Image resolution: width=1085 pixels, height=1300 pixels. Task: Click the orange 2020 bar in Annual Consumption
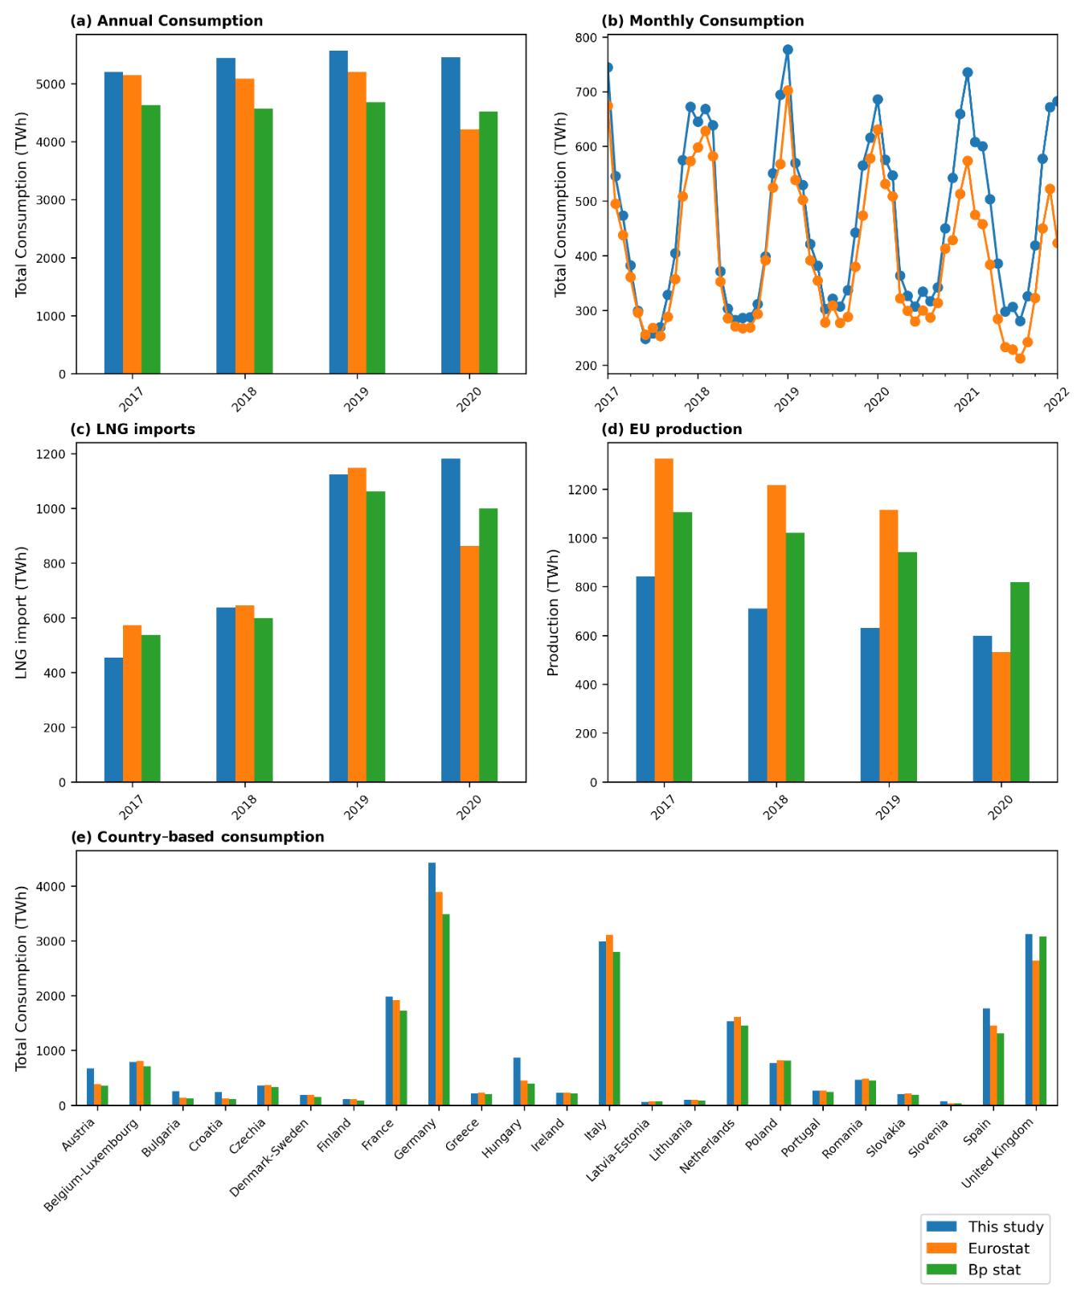click(x=469, y=251)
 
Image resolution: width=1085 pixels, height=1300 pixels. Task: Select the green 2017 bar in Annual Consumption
click(x=151, y=239)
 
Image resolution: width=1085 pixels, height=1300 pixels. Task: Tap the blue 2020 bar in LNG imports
click(x=451, y=620)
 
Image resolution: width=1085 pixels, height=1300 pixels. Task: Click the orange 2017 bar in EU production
click(x=664, y=620)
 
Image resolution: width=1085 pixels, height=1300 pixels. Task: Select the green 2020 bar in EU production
click(x=1020, y=682)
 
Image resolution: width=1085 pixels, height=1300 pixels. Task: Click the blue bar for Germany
click(x=432, y=983)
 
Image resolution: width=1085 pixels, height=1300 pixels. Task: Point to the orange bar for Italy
click(x=609, y=1019)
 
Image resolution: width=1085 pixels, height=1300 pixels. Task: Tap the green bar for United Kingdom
click(x=1042, y=1020)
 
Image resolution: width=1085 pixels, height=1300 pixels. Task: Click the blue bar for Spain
click(x=986, y=1056)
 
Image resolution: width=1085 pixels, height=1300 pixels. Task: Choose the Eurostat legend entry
click(x=998, y=1249)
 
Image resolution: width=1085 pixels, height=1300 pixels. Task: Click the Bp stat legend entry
click(x=994, y=1270)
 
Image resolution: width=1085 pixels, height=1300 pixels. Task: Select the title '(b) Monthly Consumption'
click(x=702, y=21)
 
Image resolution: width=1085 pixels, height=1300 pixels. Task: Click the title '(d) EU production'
click(x=671, y=429)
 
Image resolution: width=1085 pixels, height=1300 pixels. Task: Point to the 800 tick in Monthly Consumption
click(x=587, y=38)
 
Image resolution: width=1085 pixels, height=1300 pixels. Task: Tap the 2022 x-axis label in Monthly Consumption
click(x=1056, y=398)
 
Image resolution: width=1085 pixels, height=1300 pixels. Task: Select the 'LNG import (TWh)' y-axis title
click(x=22, y=612)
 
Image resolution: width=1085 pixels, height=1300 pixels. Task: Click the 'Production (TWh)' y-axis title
click(x=553, y=613)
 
